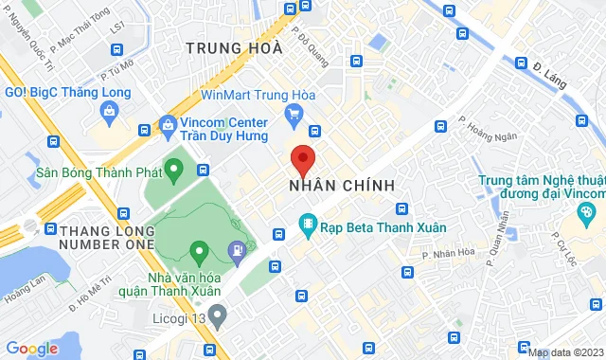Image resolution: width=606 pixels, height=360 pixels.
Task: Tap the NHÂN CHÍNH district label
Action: tap(341, 186)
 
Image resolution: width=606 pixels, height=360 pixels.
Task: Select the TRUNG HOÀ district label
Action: tap(234, 48)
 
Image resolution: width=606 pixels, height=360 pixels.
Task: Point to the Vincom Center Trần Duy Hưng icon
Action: tap(168, 123)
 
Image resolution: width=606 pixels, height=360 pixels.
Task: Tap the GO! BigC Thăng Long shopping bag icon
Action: tap(110, 112)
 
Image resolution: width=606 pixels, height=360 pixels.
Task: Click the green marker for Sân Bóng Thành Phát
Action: tap(172, 171)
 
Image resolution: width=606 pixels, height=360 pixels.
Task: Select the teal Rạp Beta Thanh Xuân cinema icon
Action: tap(306, 225)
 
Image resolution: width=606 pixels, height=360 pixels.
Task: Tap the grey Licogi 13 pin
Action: tap(217, 315)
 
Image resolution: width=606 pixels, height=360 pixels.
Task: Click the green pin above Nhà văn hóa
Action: tap(199, 253)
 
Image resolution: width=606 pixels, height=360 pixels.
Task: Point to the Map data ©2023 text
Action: tap(566, 352)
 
